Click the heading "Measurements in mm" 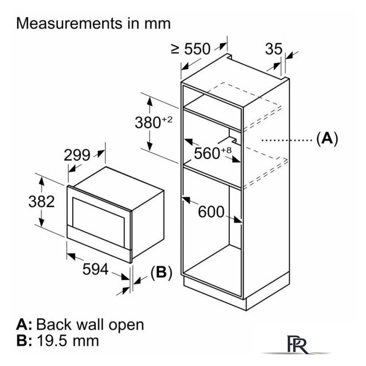pos(94,23)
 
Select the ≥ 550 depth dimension pos(190,49)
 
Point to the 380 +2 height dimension pos(153,122)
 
